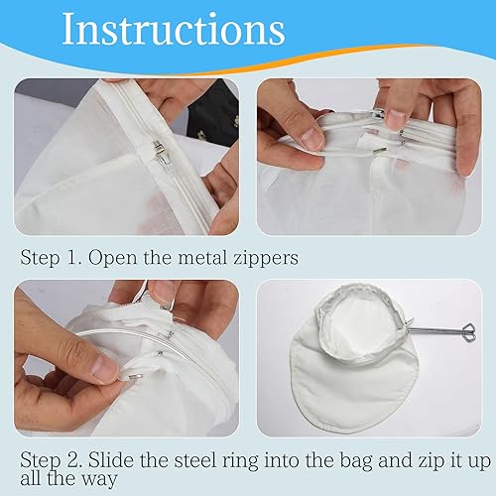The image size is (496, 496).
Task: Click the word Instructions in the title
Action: (174, 29)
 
